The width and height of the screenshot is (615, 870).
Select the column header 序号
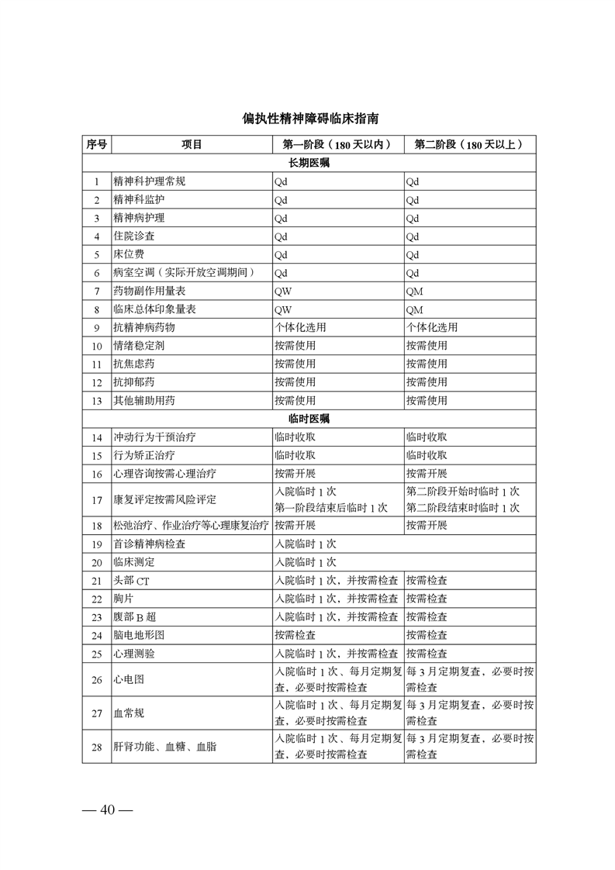point(97,145)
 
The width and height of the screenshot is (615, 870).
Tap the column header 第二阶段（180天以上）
point(469,145)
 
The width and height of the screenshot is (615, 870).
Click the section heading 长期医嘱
point(309,164)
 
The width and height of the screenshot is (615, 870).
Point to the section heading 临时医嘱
point(309,419)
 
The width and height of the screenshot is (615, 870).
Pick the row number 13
point(97,401)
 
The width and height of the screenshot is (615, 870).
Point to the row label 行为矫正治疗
point(139,455)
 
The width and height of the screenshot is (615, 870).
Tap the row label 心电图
point(129,680)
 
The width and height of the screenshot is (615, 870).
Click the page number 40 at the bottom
point(108,810)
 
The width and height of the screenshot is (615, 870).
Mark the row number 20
point(97,562)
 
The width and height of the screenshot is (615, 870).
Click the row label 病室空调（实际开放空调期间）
point(184,272)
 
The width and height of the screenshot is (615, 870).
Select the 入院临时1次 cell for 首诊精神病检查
point(306,544)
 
